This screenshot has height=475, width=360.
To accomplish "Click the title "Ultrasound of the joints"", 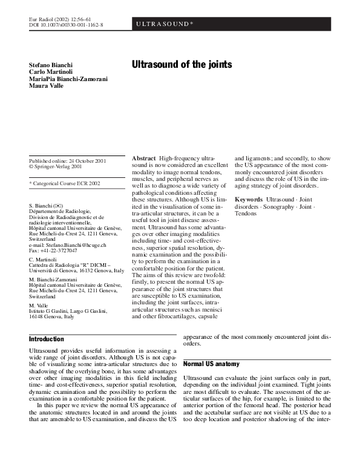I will click(182, 64).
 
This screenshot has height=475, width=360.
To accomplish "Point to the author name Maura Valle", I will click(46, 86).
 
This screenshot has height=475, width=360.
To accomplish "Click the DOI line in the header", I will click(66, 25).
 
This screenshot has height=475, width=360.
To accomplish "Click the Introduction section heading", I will click(47, 339).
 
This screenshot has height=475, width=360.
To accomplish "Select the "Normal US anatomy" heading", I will click(212, 364).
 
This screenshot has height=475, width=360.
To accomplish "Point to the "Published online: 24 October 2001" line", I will click(68, 160).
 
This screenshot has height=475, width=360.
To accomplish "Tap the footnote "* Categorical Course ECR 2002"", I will click(65, 183).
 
